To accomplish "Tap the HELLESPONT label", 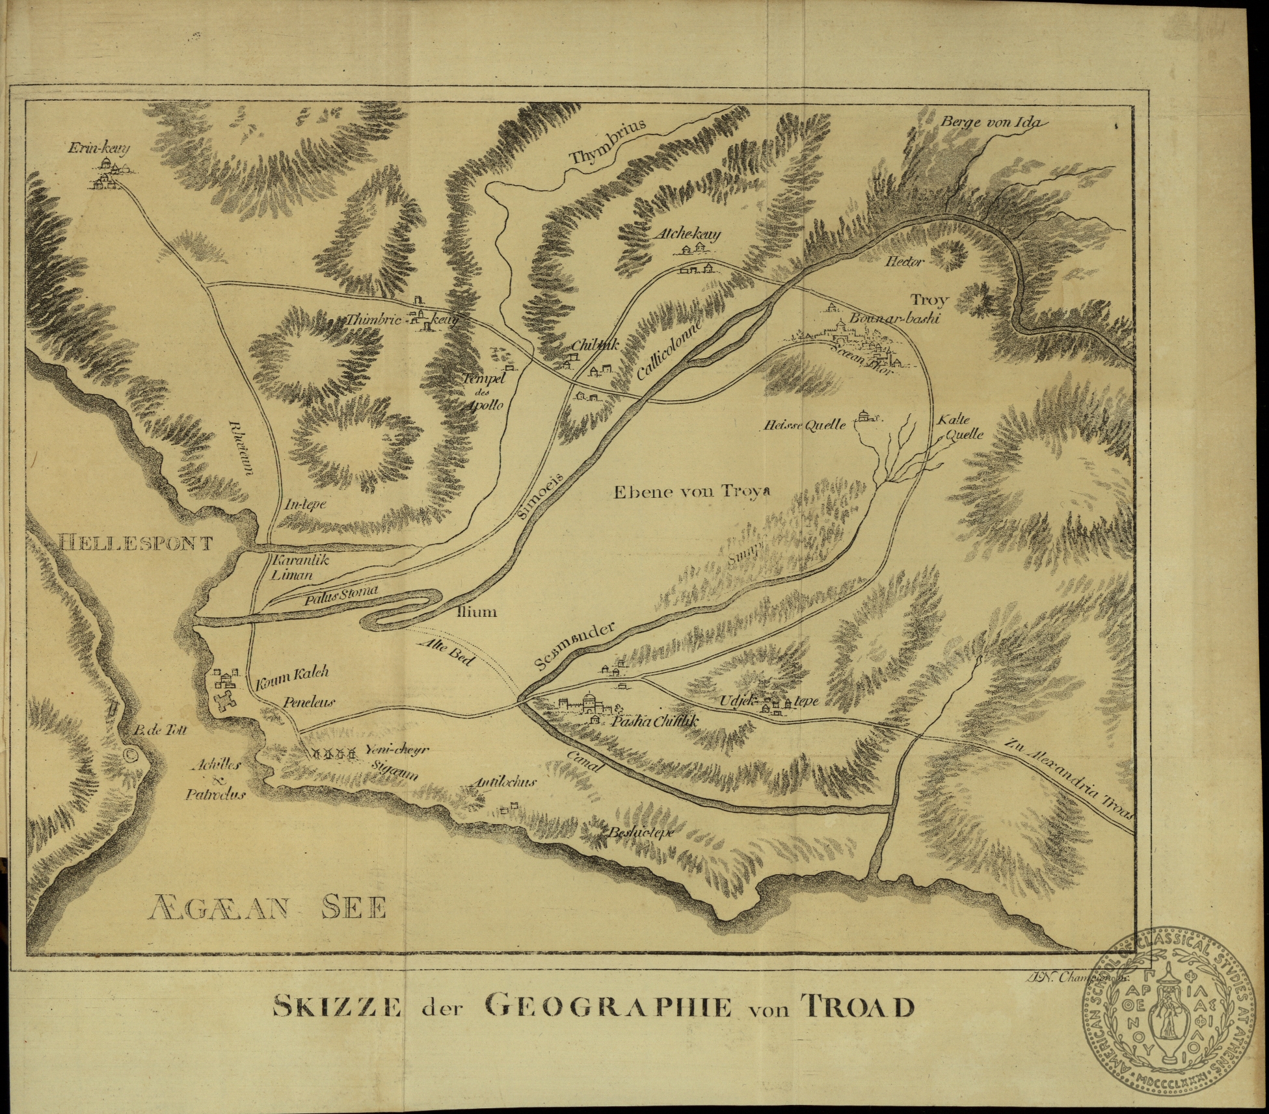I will click(x=135, y=542).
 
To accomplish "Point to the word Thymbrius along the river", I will click(x=608, y=144).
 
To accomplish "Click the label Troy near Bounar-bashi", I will click(x=929, y=300).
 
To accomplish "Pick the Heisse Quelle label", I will click(x=806, y=426).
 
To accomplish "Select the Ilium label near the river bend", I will click(x=476, y=612).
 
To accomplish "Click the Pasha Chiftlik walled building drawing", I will click(x=585, y=704).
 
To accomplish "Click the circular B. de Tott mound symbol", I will click(x=129, y=755).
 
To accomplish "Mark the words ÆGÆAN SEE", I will click(x=267, y=907).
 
